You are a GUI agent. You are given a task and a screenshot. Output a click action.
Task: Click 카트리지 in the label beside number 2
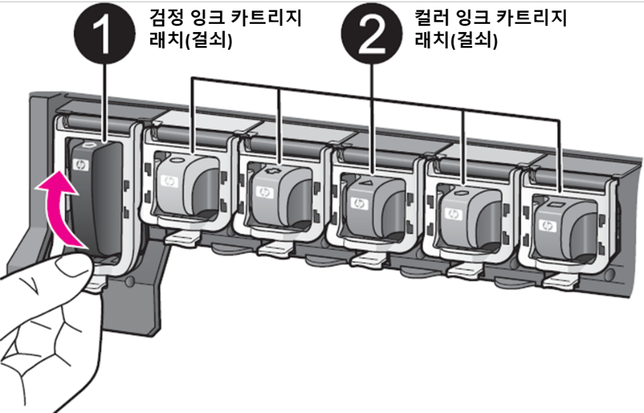(529, 16)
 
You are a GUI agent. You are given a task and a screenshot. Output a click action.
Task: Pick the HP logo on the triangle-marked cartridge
(358, 203)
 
